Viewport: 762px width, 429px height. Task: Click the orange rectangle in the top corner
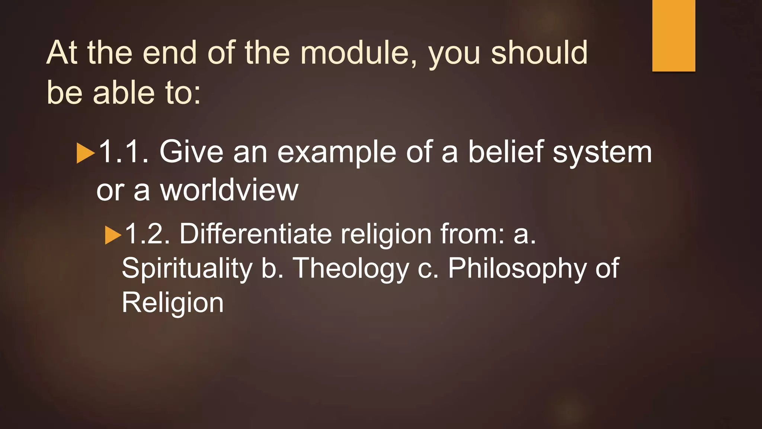tap(673, 35)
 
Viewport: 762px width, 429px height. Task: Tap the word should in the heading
tap(539, 53)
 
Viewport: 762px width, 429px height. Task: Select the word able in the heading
tap(124, 93)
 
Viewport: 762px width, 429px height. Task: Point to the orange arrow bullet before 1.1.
tap(85, 153)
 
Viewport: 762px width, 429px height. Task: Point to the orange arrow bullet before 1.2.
tap(113, 235)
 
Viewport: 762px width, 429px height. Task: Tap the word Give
tap(191, 152)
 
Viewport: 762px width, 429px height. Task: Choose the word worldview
tap(229, 190)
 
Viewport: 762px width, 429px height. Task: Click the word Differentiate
tap(256, 234)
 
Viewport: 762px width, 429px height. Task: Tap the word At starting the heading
tap(62, 53)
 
